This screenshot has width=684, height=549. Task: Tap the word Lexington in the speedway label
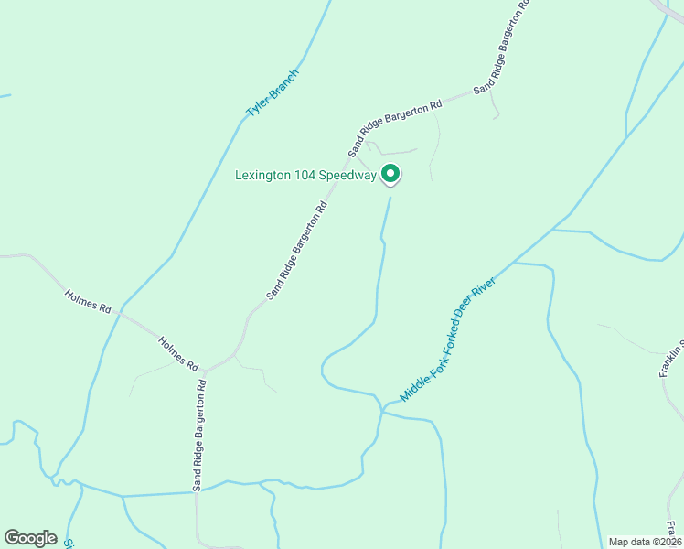pyautogui.click(x=264, y=176)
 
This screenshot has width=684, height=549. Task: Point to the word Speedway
pyautogui.click(x=348, y=176)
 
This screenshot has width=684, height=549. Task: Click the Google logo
pyautogui.click(x=30, y=538)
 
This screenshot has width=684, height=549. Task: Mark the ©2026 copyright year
pyautogui.click(x=665, y=542)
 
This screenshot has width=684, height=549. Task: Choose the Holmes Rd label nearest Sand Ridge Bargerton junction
pyautogui.click(x=178, y=353)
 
